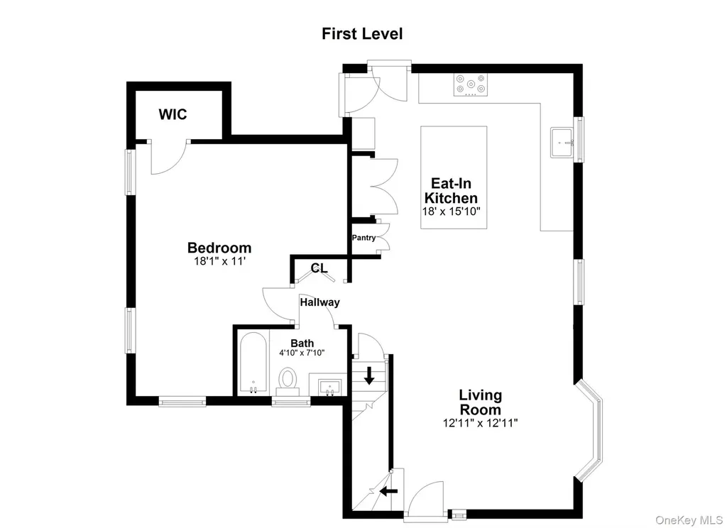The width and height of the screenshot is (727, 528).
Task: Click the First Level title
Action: (x=362, y=34)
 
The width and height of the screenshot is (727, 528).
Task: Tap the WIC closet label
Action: (x=173, y=114)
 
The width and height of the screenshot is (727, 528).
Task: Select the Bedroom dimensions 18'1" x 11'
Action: (x=219, y=261)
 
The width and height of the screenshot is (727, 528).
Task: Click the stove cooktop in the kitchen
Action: (x=471, y=85)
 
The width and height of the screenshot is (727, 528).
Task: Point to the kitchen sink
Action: (x=562, y=143)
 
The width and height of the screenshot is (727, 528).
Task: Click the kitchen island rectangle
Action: (x=454, y=177)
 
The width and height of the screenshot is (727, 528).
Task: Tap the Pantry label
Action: (x=364, y=237)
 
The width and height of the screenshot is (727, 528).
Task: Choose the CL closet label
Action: (x=319, y=268)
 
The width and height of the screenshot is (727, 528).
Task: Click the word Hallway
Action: (x=320, y=302)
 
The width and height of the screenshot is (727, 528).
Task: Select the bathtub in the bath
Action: (x=253, y=363)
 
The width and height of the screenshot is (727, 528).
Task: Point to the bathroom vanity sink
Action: (x=329, y=386)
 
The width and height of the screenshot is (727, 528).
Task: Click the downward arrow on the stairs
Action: (x=369, y=375)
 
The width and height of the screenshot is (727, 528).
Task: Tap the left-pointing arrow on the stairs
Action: (x=388, y=490)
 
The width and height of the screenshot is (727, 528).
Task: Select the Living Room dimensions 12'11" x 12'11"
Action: (x=481, y=423)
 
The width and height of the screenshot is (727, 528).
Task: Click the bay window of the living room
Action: (x=591, y=429)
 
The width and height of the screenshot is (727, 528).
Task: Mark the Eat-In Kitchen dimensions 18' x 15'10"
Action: (x=451, y=211)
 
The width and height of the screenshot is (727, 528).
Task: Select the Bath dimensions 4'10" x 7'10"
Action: (x=302, y=353)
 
